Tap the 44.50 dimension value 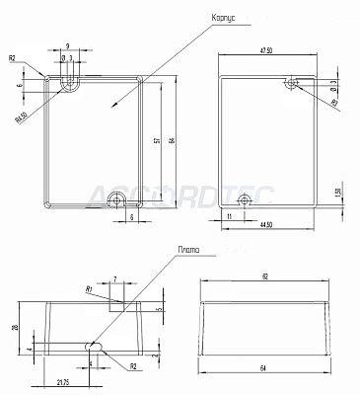click(x=261, y=227)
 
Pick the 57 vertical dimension click(x=157, y=141)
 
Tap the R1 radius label click(x=89, y=289)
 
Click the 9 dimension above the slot click(x=67, y=46)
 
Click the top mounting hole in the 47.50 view click(x=292, y=84)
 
